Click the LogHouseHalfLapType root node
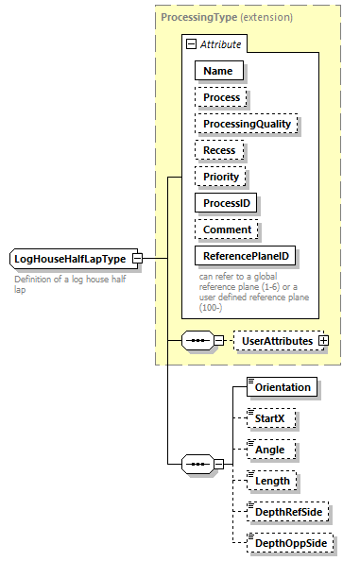point(71,259)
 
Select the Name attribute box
point(219,70)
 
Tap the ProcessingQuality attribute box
point(246,123)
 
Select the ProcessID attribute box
point(227,202)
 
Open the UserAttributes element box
point(277,340)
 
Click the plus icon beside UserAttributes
point(323,340)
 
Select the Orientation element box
point(280,386)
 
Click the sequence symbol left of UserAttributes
point(196,340)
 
